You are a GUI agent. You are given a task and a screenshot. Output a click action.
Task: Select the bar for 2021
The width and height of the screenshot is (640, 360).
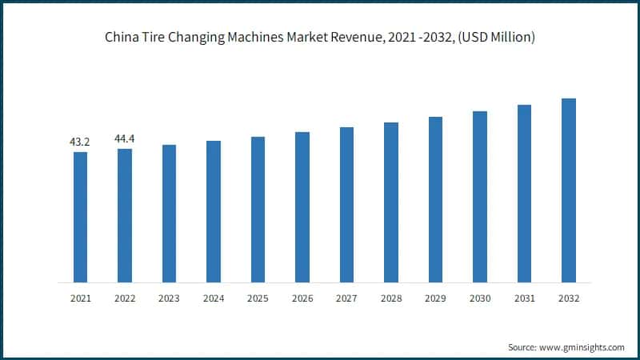point(80,217)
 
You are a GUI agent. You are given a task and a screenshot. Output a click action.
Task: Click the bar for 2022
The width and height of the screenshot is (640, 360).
point(125,215)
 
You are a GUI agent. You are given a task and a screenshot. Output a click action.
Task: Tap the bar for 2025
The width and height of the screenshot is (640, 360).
point(258,210)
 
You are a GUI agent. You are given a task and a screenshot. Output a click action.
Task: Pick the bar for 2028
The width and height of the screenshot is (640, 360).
point(391,202)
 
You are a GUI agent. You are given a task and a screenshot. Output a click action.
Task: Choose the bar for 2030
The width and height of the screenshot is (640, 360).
point(480,197)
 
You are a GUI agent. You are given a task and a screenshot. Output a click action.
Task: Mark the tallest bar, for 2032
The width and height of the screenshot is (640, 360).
point(569,190)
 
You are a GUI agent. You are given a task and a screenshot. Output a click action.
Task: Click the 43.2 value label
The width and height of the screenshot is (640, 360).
point(80,142)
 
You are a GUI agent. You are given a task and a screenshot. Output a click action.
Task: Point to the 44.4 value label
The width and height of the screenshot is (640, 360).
point(125,138)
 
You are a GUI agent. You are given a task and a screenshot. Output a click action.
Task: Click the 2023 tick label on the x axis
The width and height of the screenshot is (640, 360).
point(169,298)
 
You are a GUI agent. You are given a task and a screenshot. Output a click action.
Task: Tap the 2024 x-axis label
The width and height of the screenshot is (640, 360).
point(214,298)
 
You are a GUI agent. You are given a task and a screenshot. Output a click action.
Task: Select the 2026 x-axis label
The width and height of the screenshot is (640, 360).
point(302,298)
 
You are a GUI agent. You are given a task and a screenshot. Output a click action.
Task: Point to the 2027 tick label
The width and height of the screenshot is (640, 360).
point(346,298)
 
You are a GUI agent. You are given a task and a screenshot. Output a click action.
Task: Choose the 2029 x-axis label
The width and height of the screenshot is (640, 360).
point(435,298)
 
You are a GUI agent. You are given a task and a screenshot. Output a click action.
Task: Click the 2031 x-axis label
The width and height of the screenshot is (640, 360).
point(524,298)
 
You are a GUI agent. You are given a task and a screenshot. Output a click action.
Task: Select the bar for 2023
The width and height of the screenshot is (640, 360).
point(169,214)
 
